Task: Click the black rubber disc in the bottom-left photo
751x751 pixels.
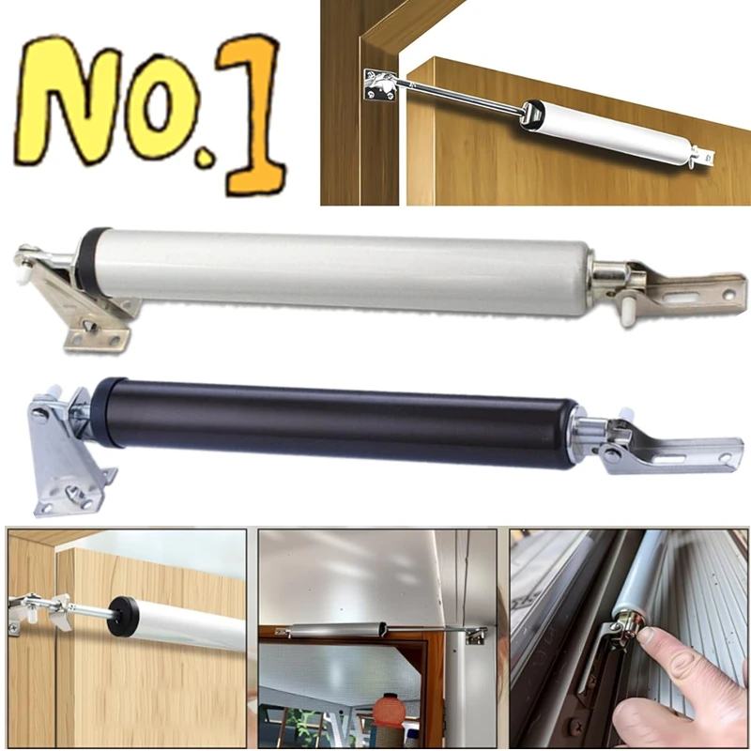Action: tap(123, 617)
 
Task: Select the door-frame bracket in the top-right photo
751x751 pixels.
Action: tap(380, 86)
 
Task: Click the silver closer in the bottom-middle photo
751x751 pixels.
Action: tap(338, 630)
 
